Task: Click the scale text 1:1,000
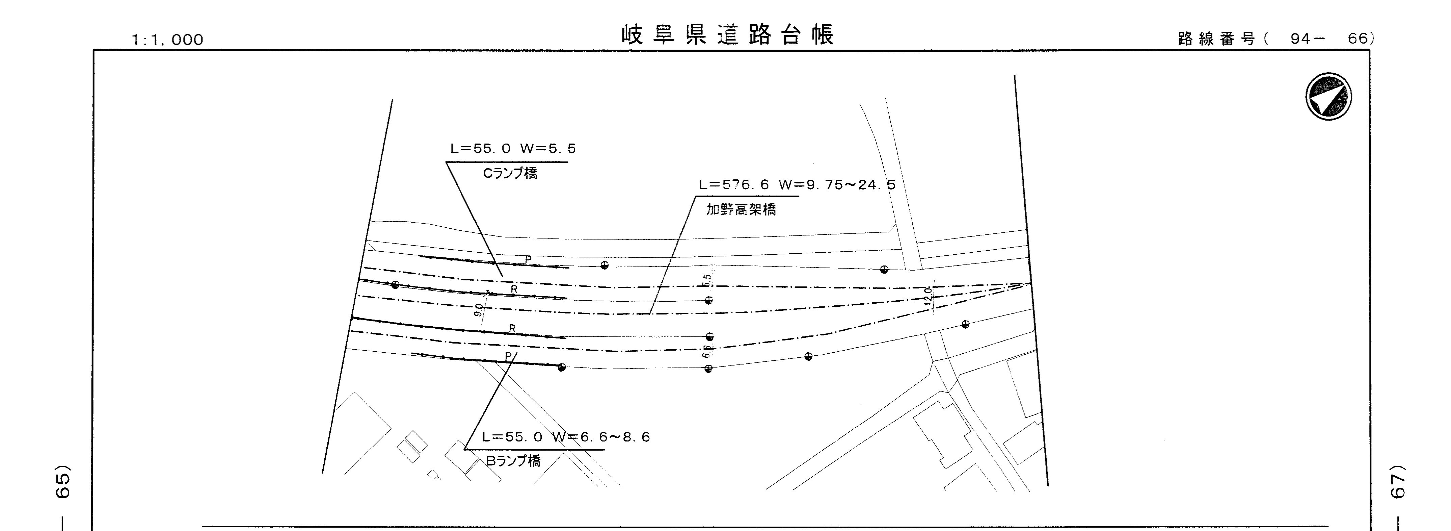point(167,40)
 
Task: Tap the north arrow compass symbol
point(1328,96)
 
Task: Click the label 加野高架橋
point(741,210)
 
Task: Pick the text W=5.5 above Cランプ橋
point(548,149)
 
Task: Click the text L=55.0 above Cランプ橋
point(481,149)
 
